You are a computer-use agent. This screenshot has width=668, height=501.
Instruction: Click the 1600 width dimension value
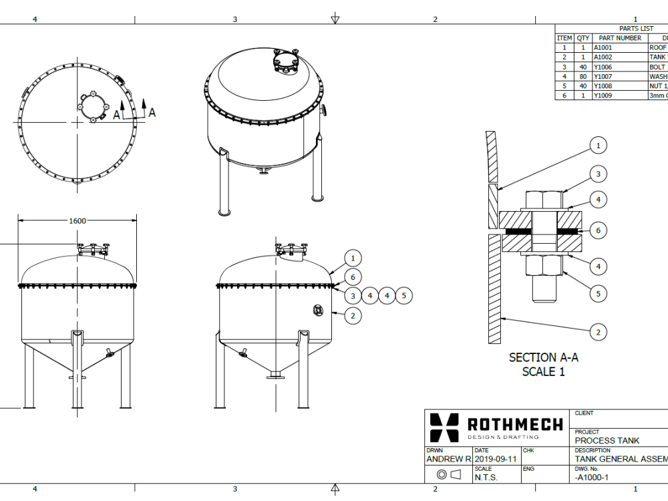[x=77, y=220]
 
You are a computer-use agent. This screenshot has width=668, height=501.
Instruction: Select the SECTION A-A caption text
[x=543, y=357]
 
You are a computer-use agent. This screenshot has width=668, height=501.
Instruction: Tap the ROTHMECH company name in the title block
[x=514, y=424]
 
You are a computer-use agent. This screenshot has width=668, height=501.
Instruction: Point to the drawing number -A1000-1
[x=592, y=478]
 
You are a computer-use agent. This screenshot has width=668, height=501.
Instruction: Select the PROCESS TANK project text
[x=607, y=440]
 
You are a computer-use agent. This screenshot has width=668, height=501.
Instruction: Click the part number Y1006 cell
[x=603, y=67]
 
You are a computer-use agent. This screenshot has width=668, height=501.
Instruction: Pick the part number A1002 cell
[x=603, y=57]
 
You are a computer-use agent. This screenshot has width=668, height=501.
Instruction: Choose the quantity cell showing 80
[x=582, y=77]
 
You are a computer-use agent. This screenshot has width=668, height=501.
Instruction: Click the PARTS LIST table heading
[x=636, y=29]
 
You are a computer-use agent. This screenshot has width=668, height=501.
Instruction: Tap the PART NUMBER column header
[x=619, y=38]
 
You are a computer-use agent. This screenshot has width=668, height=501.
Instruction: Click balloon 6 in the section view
[x=598, y=230]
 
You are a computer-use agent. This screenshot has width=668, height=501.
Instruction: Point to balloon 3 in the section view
[x=598, y=174]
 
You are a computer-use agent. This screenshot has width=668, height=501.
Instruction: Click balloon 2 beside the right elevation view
[x=353, y=314]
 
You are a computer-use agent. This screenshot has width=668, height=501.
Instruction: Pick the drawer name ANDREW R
[x=448, y=460]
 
